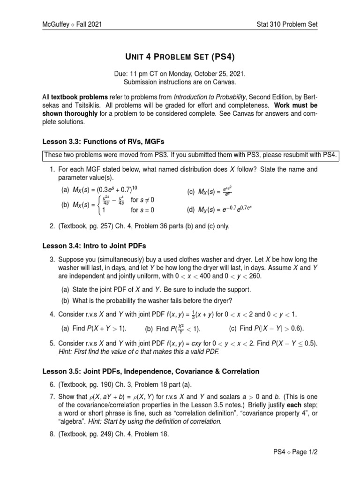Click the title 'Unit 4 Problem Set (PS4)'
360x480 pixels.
click(x=180, y=57)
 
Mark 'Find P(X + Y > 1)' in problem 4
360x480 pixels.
click(x=95, y=328)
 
